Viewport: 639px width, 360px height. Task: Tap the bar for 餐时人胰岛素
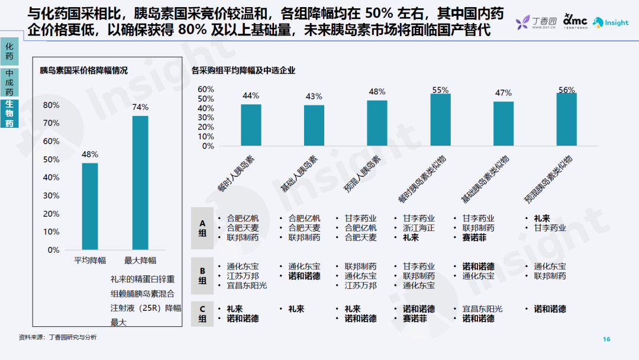click(251, 125)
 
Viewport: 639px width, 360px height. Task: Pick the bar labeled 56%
click(566, 119)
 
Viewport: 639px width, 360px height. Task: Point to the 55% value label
click(440, 90)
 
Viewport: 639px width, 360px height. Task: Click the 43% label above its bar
click(314, 97)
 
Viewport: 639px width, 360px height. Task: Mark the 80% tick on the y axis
click(52, 105)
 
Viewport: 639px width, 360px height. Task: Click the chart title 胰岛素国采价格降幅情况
click(84, 70)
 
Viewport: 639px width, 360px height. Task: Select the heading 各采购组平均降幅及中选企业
click(243, 70)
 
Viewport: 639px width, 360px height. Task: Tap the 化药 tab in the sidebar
click(9, 52)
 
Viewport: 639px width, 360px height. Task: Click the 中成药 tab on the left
click(9, 82)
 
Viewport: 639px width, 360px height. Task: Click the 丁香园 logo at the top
click(535, 23)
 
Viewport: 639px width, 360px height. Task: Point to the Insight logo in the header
click(611, 22)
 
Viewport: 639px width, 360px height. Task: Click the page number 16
click(606, 339)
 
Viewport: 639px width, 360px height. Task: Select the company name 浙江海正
click(419, 228)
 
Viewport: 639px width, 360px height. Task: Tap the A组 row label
click(202, 228)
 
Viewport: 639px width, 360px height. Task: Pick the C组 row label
click(202, 314)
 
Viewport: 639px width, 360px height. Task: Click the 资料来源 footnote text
click(57, 337)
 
